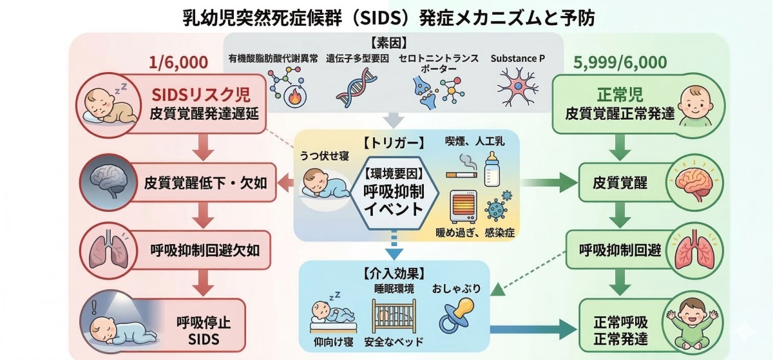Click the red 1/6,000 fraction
[x=178, y=62]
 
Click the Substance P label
[x=517, y=58]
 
